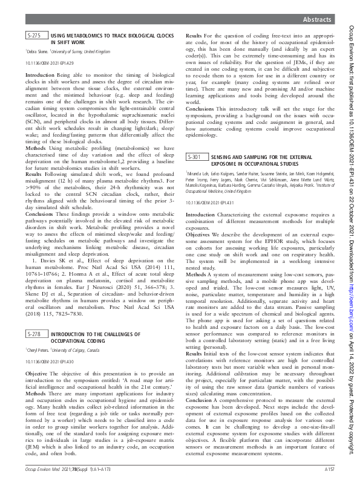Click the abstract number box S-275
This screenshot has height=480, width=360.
click(x=34, y=36)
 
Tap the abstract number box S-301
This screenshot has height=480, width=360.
click(x=194, y=157)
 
